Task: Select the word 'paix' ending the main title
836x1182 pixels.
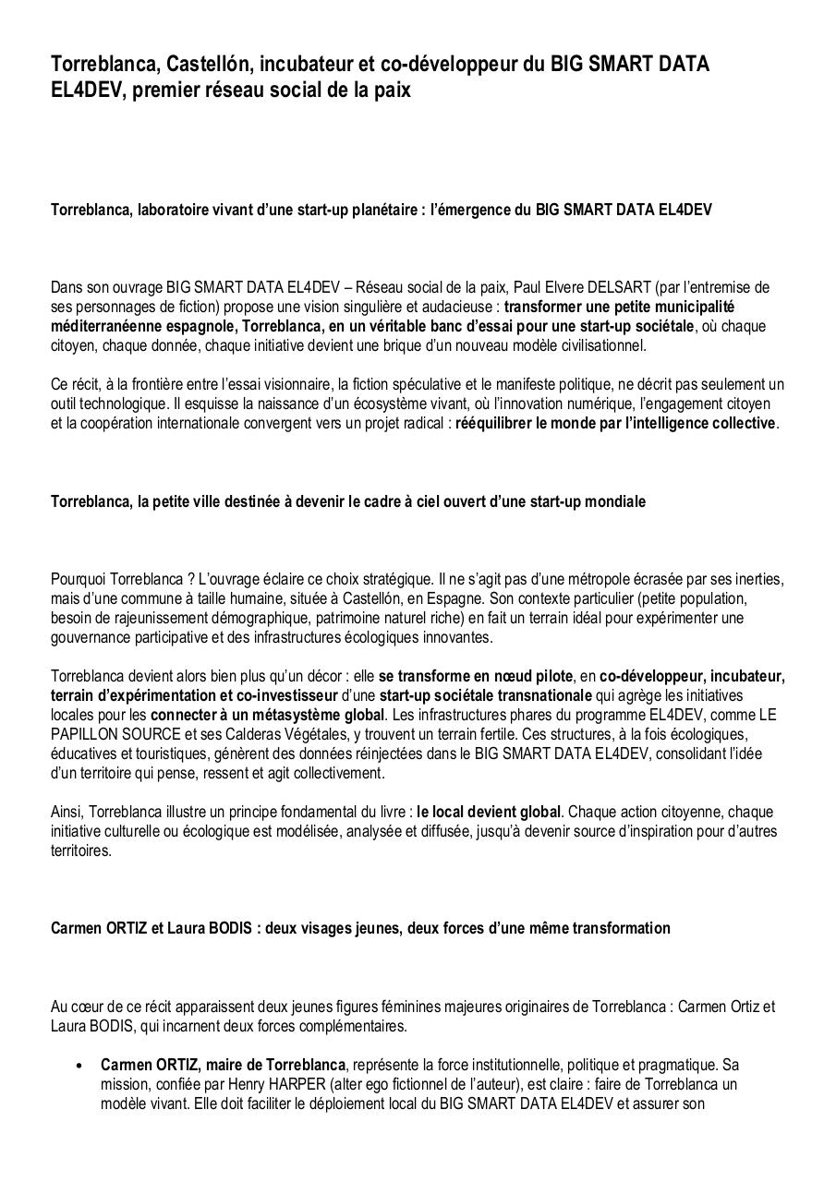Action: coord(387,90)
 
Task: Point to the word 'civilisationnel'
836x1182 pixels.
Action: coord(600,346)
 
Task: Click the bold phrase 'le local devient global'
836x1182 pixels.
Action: coord(489,812)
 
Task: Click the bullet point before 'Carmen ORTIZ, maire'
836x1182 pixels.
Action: coord(82,1065)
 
